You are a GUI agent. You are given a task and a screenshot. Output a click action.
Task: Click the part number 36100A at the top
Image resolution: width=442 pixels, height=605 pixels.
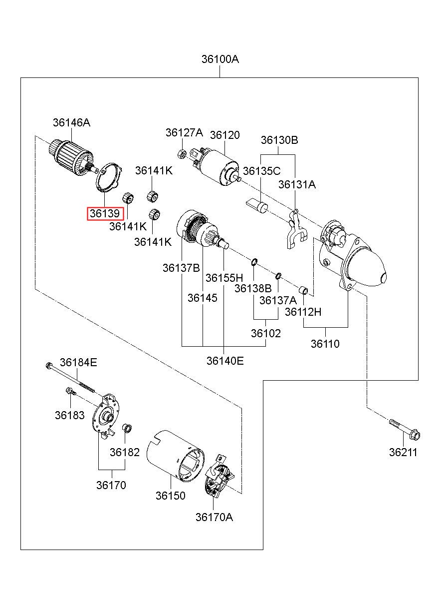[220, 59]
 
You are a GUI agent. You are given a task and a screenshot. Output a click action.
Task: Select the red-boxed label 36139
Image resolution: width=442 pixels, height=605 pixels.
[105, 214]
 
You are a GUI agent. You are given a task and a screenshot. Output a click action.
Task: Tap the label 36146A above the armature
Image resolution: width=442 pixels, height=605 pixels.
[72, 122]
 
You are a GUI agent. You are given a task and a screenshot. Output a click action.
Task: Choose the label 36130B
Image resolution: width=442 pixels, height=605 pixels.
[279, 140]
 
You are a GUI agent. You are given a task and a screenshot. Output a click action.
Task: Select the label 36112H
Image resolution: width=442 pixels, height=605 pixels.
[303, 312]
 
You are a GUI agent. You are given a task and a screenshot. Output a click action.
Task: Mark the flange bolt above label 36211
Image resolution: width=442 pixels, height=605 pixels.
[404, 429]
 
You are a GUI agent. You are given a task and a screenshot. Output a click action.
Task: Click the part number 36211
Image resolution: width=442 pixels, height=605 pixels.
[403, 453]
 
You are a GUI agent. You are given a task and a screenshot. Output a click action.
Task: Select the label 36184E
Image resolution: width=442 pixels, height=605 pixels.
[78, 362]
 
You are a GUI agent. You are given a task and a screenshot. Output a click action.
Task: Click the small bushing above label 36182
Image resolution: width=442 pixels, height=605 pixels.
[127, 428]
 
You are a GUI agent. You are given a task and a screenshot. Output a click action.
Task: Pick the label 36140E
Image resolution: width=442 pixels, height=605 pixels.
[225, 361]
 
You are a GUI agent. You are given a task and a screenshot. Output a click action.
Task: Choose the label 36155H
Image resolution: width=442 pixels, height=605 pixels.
[224, 278]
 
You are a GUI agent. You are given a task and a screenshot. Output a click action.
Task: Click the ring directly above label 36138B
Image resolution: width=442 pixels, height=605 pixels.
[254, 261]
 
